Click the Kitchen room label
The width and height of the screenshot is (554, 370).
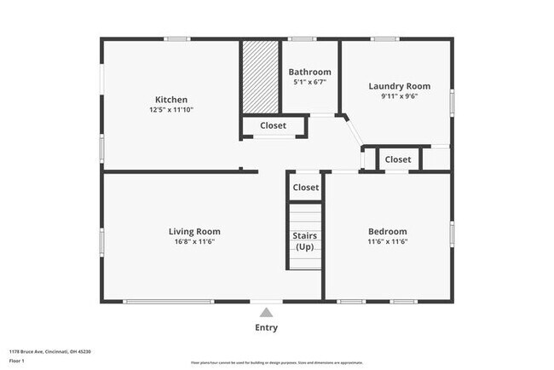point(170,100)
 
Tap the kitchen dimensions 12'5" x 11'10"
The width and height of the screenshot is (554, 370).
point(170,110)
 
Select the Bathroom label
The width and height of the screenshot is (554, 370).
point(309,72)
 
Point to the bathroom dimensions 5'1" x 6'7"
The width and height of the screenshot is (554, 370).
point(309,83)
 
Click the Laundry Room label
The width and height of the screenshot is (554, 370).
point(399,86)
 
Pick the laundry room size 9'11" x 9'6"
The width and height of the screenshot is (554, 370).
point(399,96)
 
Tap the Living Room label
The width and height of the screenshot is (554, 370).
point(194,231)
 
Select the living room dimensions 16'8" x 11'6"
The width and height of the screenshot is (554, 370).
point(194,241)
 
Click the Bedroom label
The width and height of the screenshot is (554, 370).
point(387,231)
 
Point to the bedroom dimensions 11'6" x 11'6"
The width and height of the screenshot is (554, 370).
point(387,241)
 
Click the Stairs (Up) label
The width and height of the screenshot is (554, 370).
point(305,241)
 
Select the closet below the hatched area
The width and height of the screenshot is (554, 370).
point(273,126)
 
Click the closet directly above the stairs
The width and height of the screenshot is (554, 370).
point(305,188)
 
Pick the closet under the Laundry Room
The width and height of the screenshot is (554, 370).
point(397,159)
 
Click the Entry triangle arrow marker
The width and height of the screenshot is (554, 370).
point(266,312)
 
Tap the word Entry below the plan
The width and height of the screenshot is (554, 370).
point(266,327)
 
